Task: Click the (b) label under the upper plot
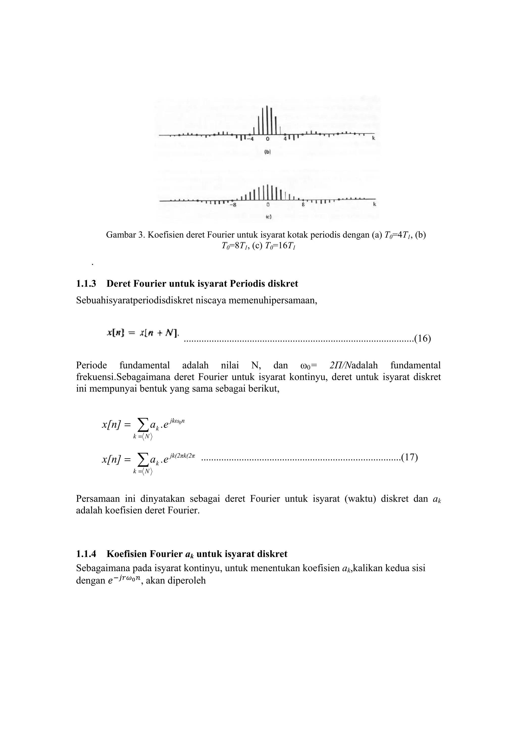click(268, 152)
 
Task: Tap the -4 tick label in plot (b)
click(251, 139)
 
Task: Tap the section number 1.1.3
click(86, 283)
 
